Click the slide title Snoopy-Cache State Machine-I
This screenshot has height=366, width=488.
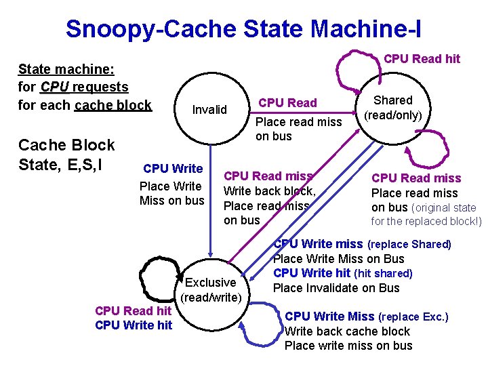coord(243,28)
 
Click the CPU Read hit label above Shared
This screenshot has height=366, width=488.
coord(422,59)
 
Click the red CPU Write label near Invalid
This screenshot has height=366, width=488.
coord(173,169)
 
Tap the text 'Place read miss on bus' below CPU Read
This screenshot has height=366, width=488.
coord(298,129)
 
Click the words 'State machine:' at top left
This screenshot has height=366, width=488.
coord(66,69)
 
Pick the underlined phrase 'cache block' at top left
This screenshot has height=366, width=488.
coord(113,105)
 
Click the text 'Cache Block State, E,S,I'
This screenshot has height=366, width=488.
coord(66,155)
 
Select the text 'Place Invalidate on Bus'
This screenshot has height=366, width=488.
coord(336,288)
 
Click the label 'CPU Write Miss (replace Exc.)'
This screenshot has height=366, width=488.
coord(367,317)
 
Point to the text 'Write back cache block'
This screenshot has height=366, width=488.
coord(347,331)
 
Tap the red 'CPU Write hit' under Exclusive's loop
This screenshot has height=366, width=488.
coord(134,325)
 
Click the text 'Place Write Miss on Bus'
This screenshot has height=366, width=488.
coord(338,259)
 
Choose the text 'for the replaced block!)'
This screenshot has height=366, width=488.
coord(426,221)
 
